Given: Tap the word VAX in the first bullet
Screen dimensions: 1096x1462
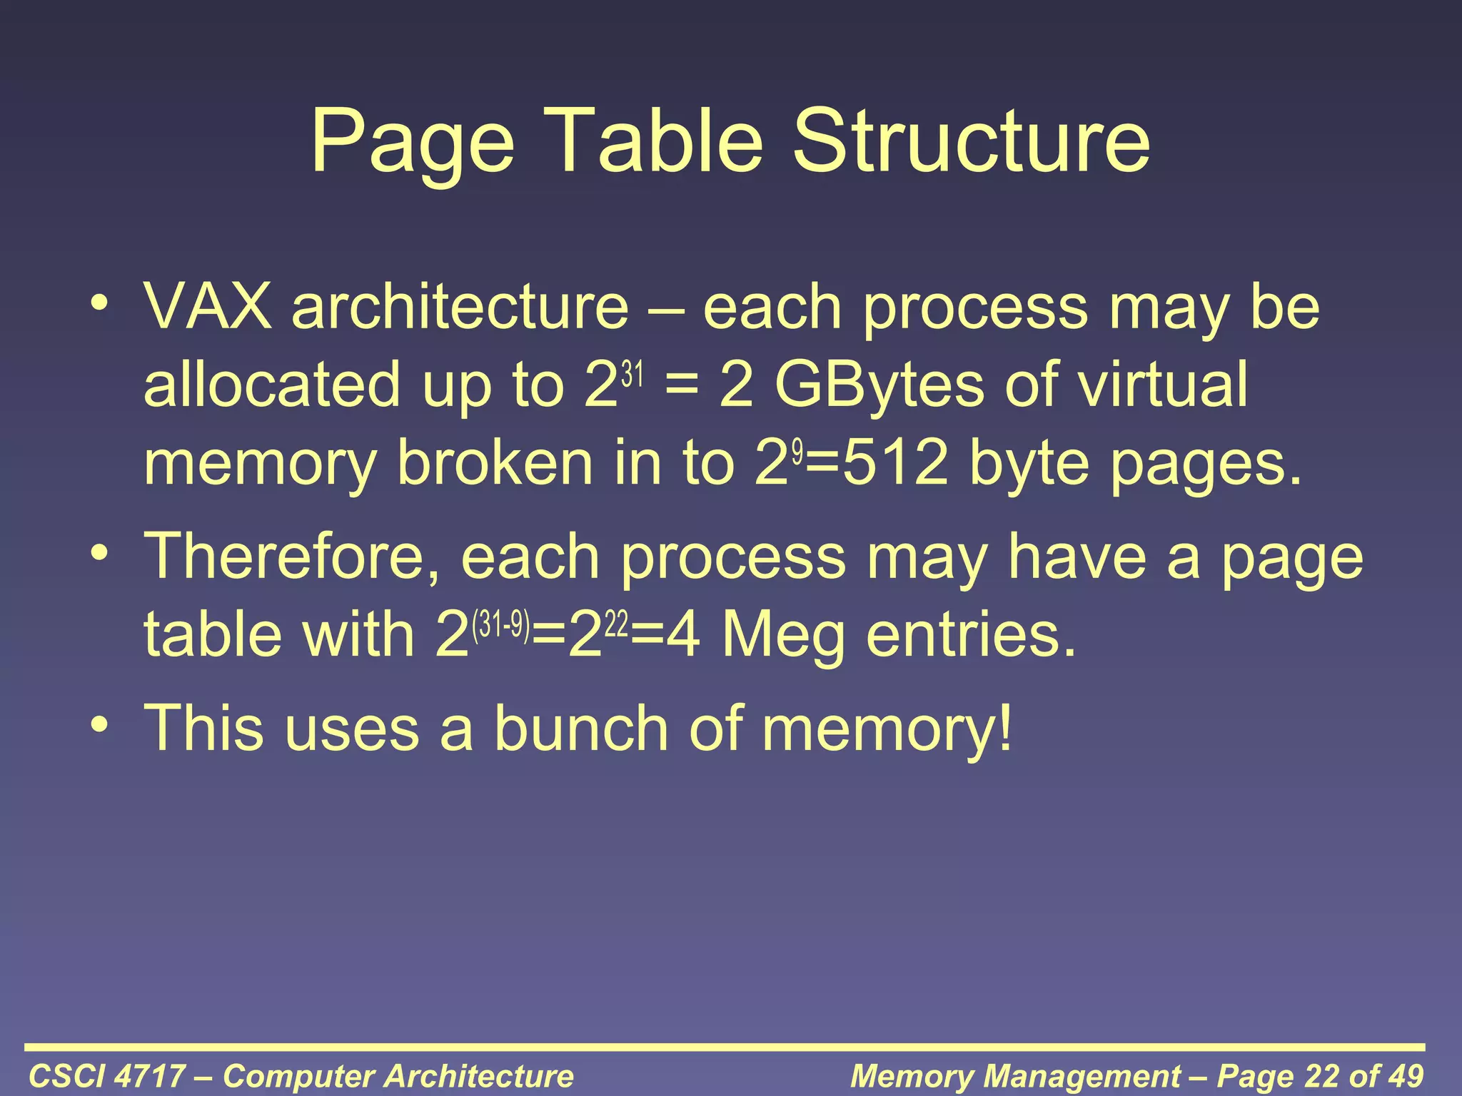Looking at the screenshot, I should coord(208,308).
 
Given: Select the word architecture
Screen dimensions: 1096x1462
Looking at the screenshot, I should coord(460,308).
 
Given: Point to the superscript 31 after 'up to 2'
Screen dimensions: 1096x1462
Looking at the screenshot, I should coord(632,374).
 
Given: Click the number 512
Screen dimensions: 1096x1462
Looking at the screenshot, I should coord(896,465).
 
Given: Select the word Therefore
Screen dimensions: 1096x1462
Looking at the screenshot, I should coord(292,557).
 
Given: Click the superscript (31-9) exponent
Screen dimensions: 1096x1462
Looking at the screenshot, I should coord(501,625).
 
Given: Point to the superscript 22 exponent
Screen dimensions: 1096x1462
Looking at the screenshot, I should coord(617,625).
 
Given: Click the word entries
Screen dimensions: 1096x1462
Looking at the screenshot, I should coord(971,635).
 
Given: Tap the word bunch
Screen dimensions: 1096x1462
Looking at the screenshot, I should coord(583,729).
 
